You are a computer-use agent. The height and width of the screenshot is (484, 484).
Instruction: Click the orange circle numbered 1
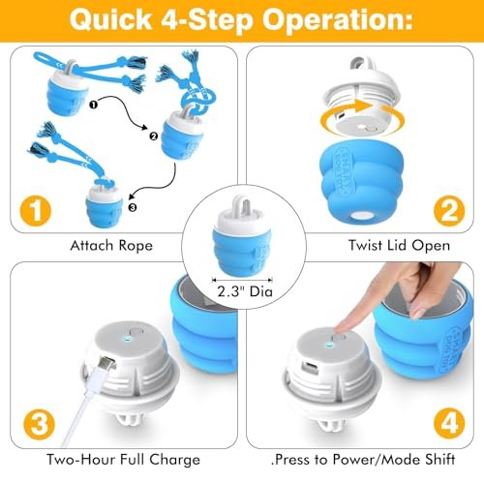(x=36, y=210)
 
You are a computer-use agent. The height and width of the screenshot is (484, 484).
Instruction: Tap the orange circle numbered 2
(x=449, y=210)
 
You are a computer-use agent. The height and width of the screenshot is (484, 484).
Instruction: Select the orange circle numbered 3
(x=39, y=423)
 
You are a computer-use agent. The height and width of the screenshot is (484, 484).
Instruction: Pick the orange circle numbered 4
(x=449, y=423)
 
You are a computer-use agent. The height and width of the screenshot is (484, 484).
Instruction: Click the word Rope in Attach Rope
(x=136, y=246)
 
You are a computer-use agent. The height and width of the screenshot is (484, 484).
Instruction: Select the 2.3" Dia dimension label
(x=245, y=291)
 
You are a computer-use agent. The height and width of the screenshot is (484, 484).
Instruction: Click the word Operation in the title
(x=338, y=20)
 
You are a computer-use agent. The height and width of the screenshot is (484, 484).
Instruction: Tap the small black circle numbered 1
(x=93, y=105)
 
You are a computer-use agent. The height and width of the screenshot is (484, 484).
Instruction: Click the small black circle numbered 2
(x=154, y=136)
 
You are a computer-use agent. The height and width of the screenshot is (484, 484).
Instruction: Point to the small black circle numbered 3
(x=133, y=207)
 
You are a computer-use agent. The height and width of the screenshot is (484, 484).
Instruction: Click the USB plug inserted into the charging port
(x=106, y=364)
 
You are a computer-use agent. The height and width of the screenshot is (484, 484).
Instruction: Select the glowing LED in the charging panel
(x=127, y=339)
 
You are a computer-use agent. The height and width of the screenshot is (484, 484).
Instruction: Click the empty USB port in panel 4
(x=310, y=368)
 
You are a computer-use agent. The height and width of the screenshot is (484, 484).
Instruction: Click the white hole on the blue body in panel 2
(x=362, y=215)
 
